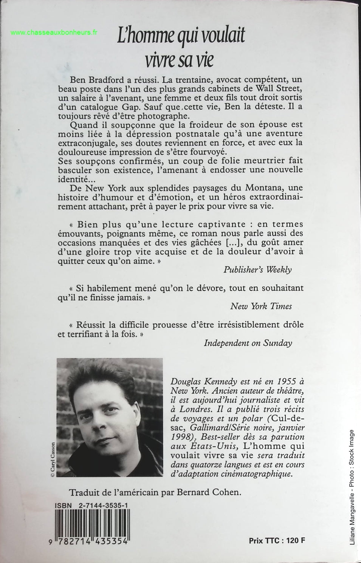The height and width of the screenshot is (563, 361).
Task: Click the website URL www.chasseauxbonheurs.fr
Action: [x=54, y=32]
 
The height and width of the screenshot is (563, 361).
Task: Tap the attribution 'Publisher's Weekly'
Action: [x=257, y=269]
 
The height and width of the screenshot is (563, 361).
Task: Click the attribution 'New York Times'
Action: [x=261, y=306]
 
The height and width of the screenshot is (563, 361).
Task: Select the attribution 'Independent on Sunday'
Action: [x=248, y=343]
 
